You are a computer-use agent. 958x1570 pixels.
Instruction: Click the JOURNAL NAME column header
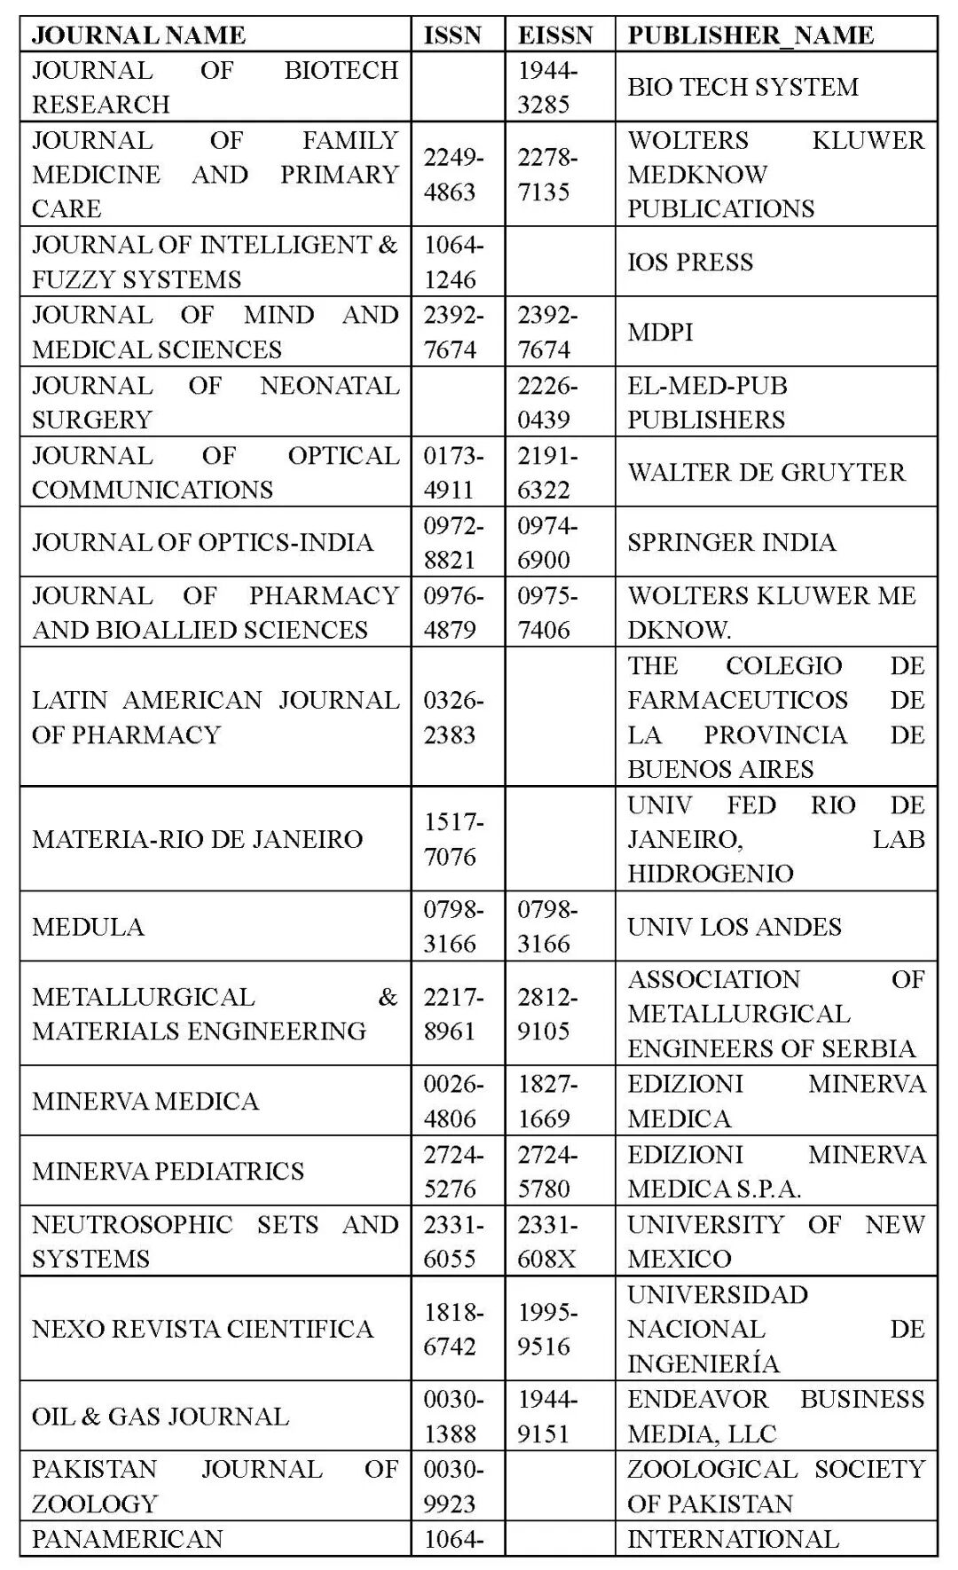[138, 35]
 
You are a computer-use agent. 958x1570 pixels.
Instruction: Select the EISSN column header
[555, 35]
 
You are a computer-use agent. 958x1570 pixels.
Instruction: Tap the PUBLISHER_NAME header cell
[750, 35]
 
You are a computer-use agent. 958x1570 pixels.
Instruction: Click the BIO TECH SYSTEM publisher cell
[743, 86]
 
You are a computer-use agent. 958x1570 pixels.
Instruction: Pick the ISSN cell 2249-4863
[452, 174]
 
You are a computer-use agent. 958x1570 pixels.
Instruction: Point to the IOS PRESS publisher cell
[690, 262]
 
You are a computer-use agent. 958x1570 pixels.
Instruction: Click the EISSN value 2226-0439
[546, 402]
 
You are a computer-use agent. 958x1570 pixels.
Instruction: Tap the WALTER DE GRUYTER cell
[766, 472]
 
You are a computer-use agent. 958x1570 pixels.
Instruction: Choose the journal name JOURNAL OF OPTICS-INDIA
[202, 542]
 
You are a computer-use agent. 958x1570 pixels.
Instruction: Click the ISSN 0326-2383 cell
[452, 717]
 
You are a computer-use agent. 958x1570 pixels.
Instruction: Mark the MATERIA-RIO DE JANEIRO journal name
[197, 838]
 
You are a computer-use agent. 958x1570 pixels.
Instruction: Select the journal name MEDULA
[88, 926]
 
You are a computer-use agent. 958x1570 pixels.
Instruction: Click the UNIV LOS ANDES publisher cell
[734, 926]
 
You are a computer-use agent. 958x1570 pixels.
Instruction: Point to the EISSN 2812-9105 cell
[546, 1013]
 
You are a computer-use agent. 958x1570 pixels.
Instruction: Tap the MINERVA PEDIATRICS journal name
[168, 1170]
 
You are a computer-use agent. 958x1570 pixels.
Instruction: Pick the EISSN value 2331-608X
[546, 1241]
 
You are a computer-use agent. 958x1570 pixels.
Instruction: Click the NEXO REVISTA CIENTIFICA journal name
[202, 1328]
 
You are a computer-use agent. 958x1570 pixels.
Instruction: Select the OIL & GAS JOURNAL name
[161, 1416]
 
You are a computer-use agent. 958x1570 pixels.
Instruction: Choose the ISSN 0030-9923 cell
[452, 1486]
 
